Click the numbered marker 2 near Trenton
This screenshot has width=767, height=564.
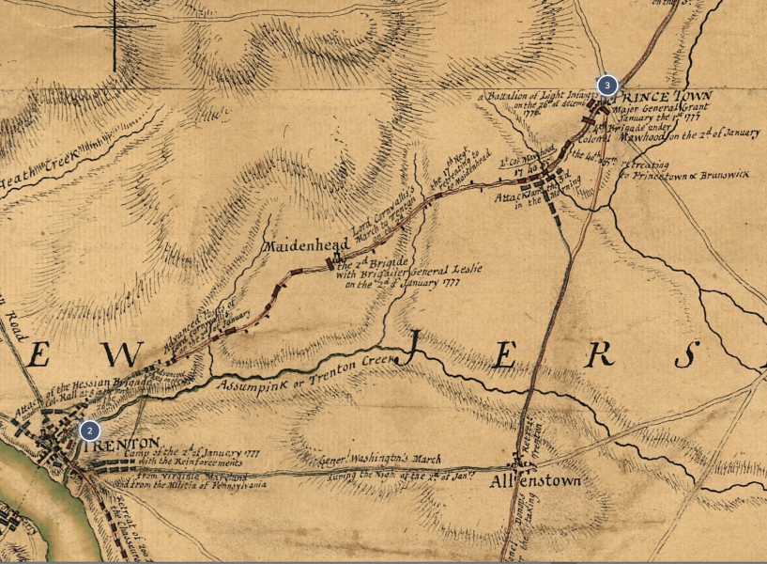pyautogui.click(x=89, y=431)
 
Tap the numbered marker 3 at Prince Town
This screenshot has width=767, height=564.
pyautogui.click(x=607, y=86)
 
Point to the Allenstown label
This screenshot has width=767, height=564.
pyautogui.click(x=535, y=480)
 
